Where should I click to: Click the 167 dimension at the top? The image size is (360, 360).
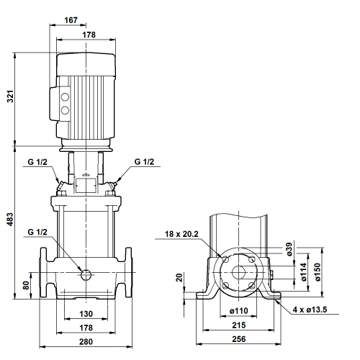(x=71, y=20)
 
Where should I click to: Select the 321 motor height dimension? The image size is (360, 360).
(x=10, y=96)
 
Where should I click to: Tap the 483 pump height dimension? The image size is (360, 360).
(x=10, y=219)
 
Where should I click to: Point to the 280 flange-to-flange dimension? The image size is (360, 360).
(x=86, y=341)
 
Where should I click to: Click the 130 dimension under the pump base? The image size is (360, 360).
(x=86, y=314)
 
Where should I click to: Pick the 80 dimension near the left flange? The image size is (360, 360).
(x=26, y=285)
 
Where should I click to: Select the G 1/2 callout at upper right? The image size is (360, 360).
(x=144, y=162)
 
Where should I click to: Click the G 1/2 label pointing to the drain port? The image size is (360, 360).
(x=37, y=232)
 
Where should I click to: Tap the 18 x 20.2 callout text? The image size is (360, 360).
(x=181, y=234)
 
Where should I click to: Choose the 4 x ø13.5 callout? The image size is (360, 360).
(x=310, y=310)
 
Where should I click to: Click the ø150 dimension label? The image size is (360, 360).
(x=318, y=272)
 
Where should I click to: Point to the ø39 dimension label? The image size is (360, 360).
(x=289, y=249)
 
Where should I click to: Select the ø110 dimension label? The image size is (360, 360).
(x=239, y=311)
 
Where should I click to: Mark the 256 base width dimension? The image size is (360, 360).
(x=239, y=339)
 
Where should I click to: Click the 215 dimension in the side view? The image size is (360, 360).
(x=239, y=325)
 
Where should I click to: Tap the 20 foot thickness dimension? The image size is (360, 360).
(x=179, y=277)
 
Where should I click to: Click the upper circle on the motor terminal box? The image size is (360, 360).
(x=65, y=97)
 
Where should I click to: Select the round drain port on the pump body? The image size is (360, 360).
(x=86, y=274)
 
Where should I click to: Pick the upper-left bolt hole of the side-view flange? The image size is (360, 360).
(x=225, y=259)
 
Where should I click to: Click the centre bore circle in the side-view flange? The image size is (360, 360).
(x=238, y=272)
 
